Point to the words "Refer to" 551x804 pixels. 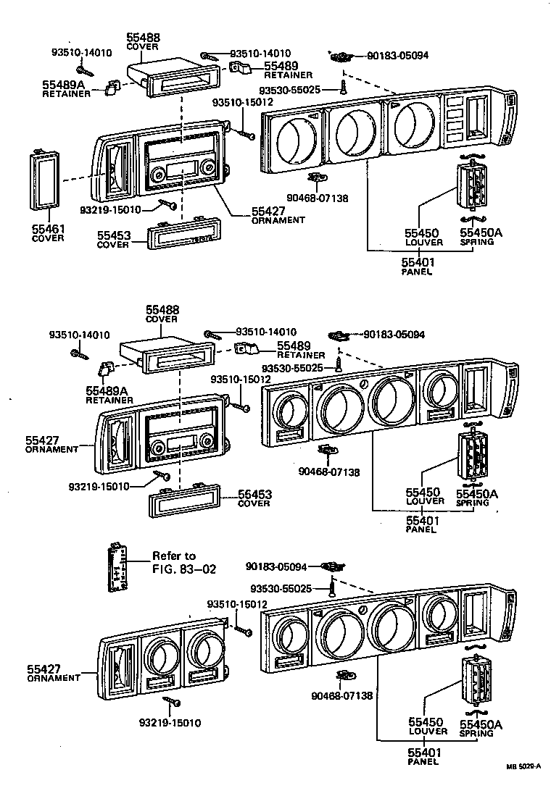tap(174, 556)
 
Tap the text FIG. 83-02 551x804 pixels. tap(184, 568)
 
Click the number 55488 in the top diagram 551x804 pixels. tap(144, 38)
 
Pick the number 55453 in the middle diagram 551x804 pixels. tap(254, 495)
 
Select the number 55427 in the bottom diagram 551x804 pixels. tap(43, 669)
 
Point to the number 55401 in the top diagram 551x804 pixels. tap(420, 262)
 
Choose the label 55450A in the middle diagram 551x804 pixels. tap(476, 494)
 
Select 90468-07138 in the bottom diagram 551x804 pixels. tap(341, 696)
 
